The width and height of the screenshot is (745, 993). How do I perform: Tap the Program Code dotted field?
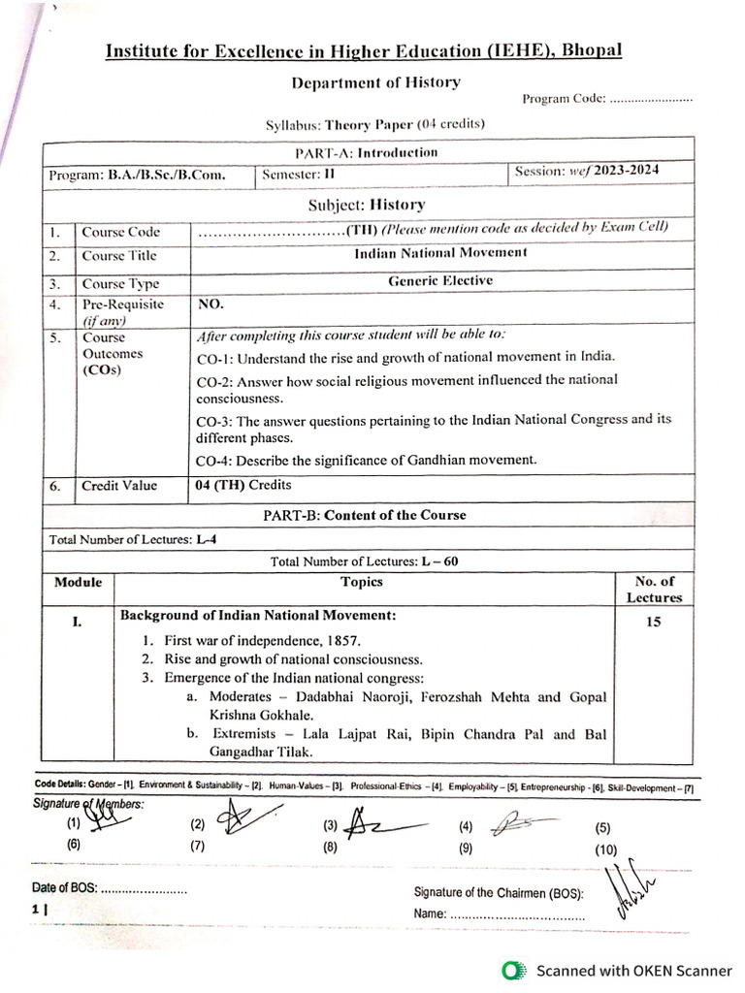coord(651,99)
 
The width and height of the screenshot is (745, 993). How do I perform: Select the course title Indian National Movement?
coord(441,252)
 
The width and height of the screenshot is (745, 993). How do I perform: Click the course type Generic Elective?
coord(440,280)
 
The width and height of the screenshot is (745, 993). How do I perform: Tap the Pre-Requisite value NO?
coord(211,304)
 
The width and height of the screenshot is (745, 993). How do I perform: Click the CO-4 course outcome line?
coord(366,460)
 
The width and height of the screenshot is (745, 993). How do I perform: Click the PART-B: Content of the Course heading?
coord(364,515)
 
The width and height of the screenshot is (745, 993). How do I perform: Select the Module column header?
coord(78,582)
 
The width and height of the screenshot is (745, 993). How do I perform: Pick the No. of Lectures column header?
coord(654,590)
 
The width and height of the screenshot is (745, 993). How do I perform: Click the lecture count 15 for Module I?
coord(653,622)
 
